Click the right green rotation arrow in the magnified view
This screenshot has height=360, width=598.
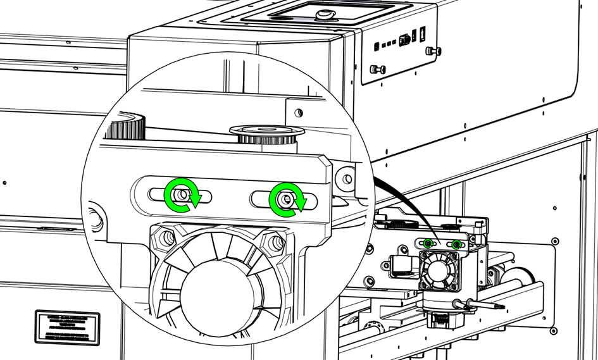(x=287, y=199)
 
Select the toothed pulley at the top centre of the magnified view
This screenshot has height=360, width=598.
(x=266, y=133)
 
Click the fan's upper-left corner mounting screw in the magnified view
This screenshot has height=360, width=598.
(x=168, y=238)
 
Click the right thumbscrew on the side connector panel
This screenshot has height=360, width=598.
(x=433, y=51)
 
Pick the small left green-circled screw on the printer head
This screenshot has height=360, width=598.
(x=428, y=243)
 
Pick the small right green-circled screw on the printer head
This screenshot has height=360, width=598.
(x=456, y=244)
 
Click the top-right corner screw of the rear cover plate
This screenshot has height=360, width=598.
(x=555, y=241)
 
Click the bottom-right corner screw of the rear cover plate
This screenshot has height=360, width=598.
(x=554, y=331)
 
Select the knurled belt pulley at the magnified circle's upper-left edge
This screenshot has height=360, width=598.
(x=125, y=125)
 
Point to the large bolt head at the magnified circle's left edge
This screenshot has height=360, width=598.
(x=95, y=217)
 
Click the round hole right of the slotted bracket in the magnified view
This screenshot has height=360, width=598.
(x=347, y=178)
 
